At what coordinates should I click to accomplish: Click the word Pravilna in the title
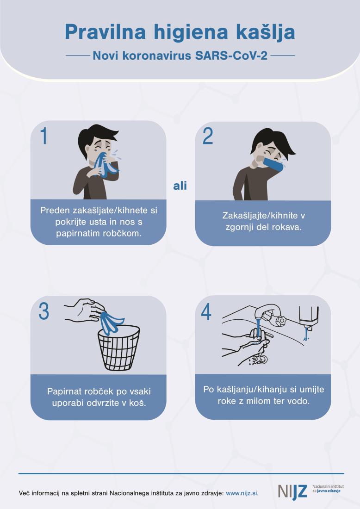(105, 32)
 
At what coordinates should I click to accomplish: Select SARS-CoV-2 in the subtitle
(231, 56)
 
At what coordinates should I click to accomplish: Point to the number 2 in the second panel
(208, 136)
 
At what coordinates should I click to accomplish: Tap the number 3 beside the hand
(44, 311)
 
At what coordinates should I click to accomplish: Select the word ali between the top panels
(180, 186)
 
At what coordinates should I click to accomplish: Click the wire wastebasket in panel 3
(119, 348)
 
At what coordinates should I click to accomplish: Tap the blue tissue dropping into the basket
(112, 323)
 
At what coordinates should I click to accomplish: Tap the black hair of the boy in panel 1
(97, 136)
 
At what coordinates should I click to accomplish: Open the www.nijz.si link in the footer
(242, 493)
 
